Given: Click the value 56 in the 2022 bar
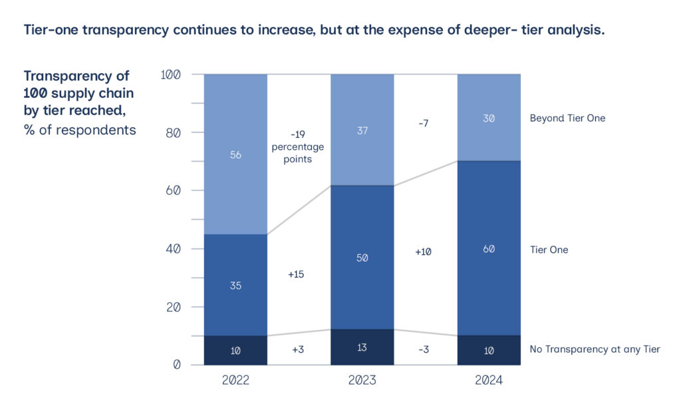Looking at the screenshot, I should [x=235, y=155].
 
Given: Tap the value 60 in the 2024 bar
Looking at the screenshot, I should [x=488, y=250].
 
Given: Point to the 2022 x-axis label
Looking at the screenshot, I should [x=235, y=381].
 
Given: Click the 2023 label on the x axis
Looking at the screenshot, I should [x=362, y=381].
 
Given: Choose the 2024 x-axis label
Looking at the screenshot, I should [x=488, y=381].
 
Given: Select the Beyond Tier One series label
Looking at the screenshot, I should [x=567, y=118].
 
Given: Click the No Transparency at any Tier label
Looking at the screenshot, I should [x=594, y=349].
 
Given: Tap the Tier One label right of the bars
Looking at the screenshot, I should [x=549, y=250].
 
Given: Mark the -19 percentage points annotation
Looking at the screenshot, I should [x=297, y=146].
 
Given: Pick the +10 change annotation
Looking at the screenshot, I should [x=424, y=252].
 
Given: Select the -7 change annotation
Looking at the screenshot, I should [x=424, y=124].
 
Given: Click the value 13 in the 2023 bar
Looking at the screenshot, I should [x=362, y=347].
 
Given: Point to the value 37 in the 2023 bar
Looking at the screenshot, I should [x=362, y=130].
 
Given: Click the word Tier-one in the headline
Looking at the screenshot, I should [x=49, y=31].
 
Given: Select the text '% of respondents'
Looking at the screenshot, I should [x=80, y=130].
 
